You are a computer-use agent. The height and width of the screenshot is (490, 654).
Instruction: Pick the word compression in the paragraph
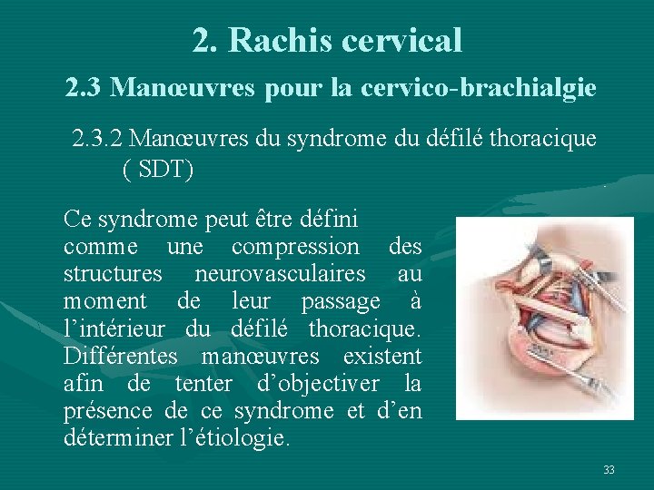295,246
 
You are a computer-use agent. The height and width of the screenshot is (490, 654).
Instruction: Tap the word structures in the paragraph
113,273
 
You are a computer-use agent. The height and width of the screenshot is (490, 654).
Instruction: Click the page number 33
609,469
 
